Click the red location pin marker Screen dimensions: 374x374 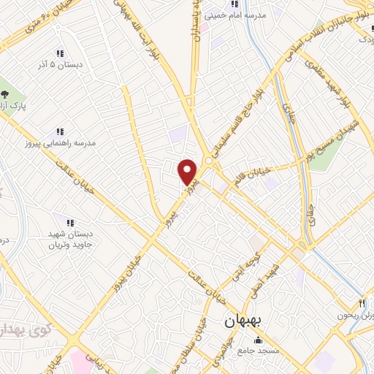tap(188, 172)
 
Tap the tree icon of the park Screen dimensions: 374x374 tap(6, 94)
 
